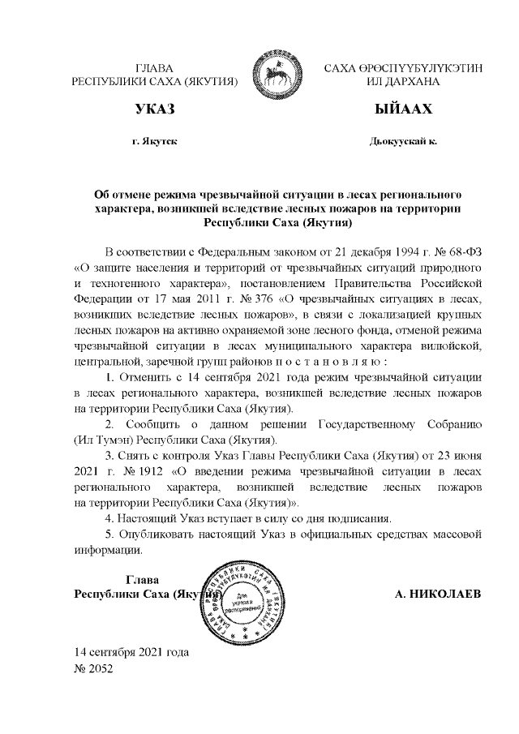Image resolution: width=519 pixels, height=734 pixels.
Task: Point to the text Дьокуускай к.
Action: click(x=402, y=141)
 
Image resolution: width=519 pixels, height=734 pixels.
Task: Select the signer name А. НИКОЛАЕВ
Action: click(x=437, y=594)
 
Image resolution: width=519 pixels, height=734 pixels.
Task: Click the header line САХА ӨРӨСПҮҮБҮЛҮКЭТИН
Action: click(x=402, y=67)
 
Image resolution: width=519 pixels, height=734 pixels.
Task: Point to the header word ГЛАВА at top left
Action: click(x=153, y=67)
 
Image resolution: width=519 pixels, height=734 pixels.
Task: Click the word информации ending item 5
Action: click(x=109, y=552)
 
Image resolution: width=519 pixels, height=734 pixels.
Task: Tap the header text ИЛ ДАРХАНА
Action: click(x=402, y=82)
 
